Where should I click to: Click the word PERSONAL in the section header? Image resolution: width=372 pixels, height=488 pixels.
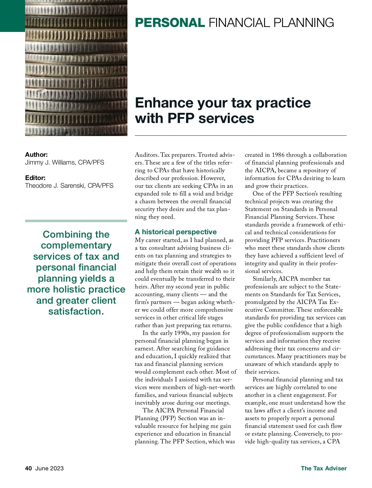point(170,23)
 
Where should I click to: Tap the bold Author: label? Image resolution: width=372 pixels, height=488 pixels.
point(36,155)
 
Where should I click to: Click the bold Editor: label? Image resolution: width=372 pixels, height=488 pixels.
point(35,178)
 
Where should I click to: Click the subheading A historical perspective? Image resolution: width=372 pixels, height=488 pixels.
point(175,232)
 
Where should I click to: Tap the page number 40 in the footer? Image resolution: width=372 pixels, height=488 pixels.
point(29,468)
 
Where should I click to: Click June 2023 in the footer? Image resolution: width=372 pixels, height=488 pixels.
point(49,468)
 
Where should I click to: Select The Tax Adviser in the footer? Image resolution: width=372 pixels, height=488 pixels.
point(324,468)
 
